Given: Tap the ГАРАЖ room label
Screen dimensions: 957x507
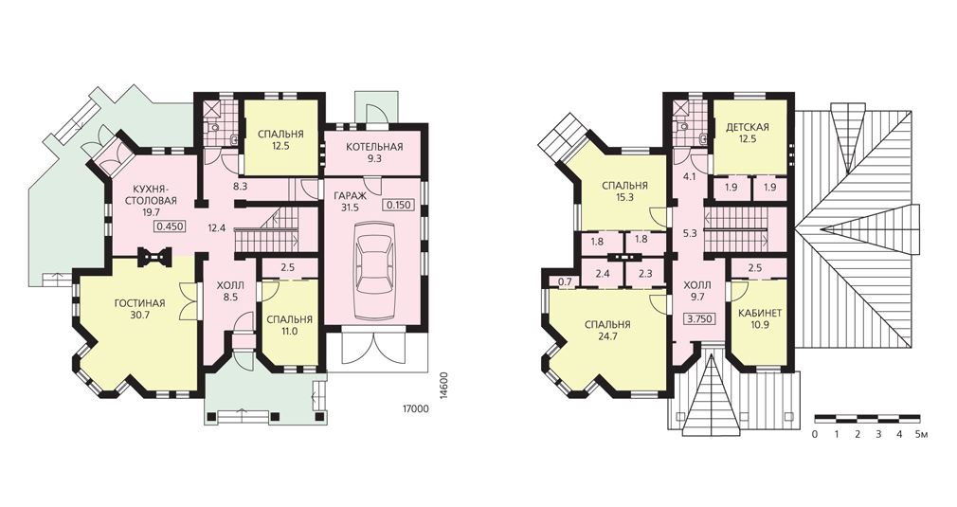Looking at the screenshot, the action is [x=350, y=196].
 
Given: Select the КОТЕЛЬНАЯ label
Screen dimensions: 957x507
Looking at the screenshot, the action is [x=374, y=147].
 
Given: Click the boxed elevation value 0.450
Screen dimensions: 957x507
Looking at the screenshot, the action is [x=171, y=226].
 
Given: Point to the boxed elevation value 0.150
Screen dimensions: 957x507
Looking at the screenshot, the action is [x=397, y=205].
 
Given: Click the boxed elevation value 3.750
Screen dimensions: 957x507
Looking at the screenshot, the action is [x=700, y=318].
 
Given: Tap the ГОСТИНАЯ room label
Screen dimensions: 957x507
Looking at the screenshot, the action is [x=140, y=303].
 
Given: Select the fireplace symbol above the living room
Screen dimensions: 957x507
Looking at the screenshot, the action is [x=153, y=257].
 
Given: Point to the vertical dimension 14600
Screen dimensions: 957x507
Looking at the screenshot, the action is [x=443, y=386].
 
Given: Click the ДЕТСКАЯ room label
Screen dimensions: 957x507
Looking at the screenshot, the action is [x=747, y=128].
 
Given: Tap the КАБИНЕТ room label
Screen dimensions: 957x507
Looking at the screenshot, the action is [x=760, y=313].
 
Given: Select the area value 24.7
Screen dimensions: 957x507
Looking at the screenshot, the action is [x=607, y=336].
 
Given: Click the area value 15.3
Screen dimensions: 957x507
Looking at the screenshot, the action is [x=624, y=197].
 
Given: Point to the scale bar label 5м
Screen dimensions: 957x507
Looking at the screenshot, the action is [x=922, y=435].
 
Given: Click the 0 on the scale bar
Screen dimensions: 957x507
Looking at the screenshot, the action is [x=816, y=435].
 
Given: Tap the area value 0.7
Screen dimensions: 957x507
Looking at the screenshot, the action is [x=565, y=281].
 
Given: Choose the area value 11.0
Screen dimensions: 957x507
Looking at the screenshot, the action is [x=289, y=332].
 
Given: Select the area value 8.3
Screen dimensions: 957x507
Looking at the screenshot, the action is [x=240, y=188].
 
